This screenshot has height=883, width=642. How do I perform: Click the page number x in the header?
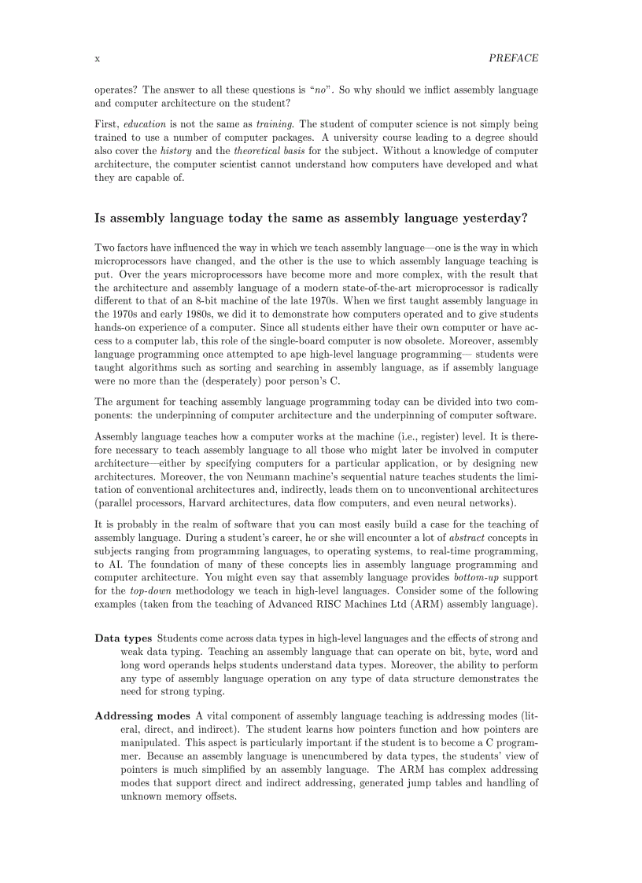click(x=97, y=58)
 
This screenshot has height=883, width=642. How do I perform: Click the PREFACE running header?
click(x=513, y=58)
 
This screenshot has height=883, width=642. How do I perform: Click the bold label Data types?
click(x=123, y=638)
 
